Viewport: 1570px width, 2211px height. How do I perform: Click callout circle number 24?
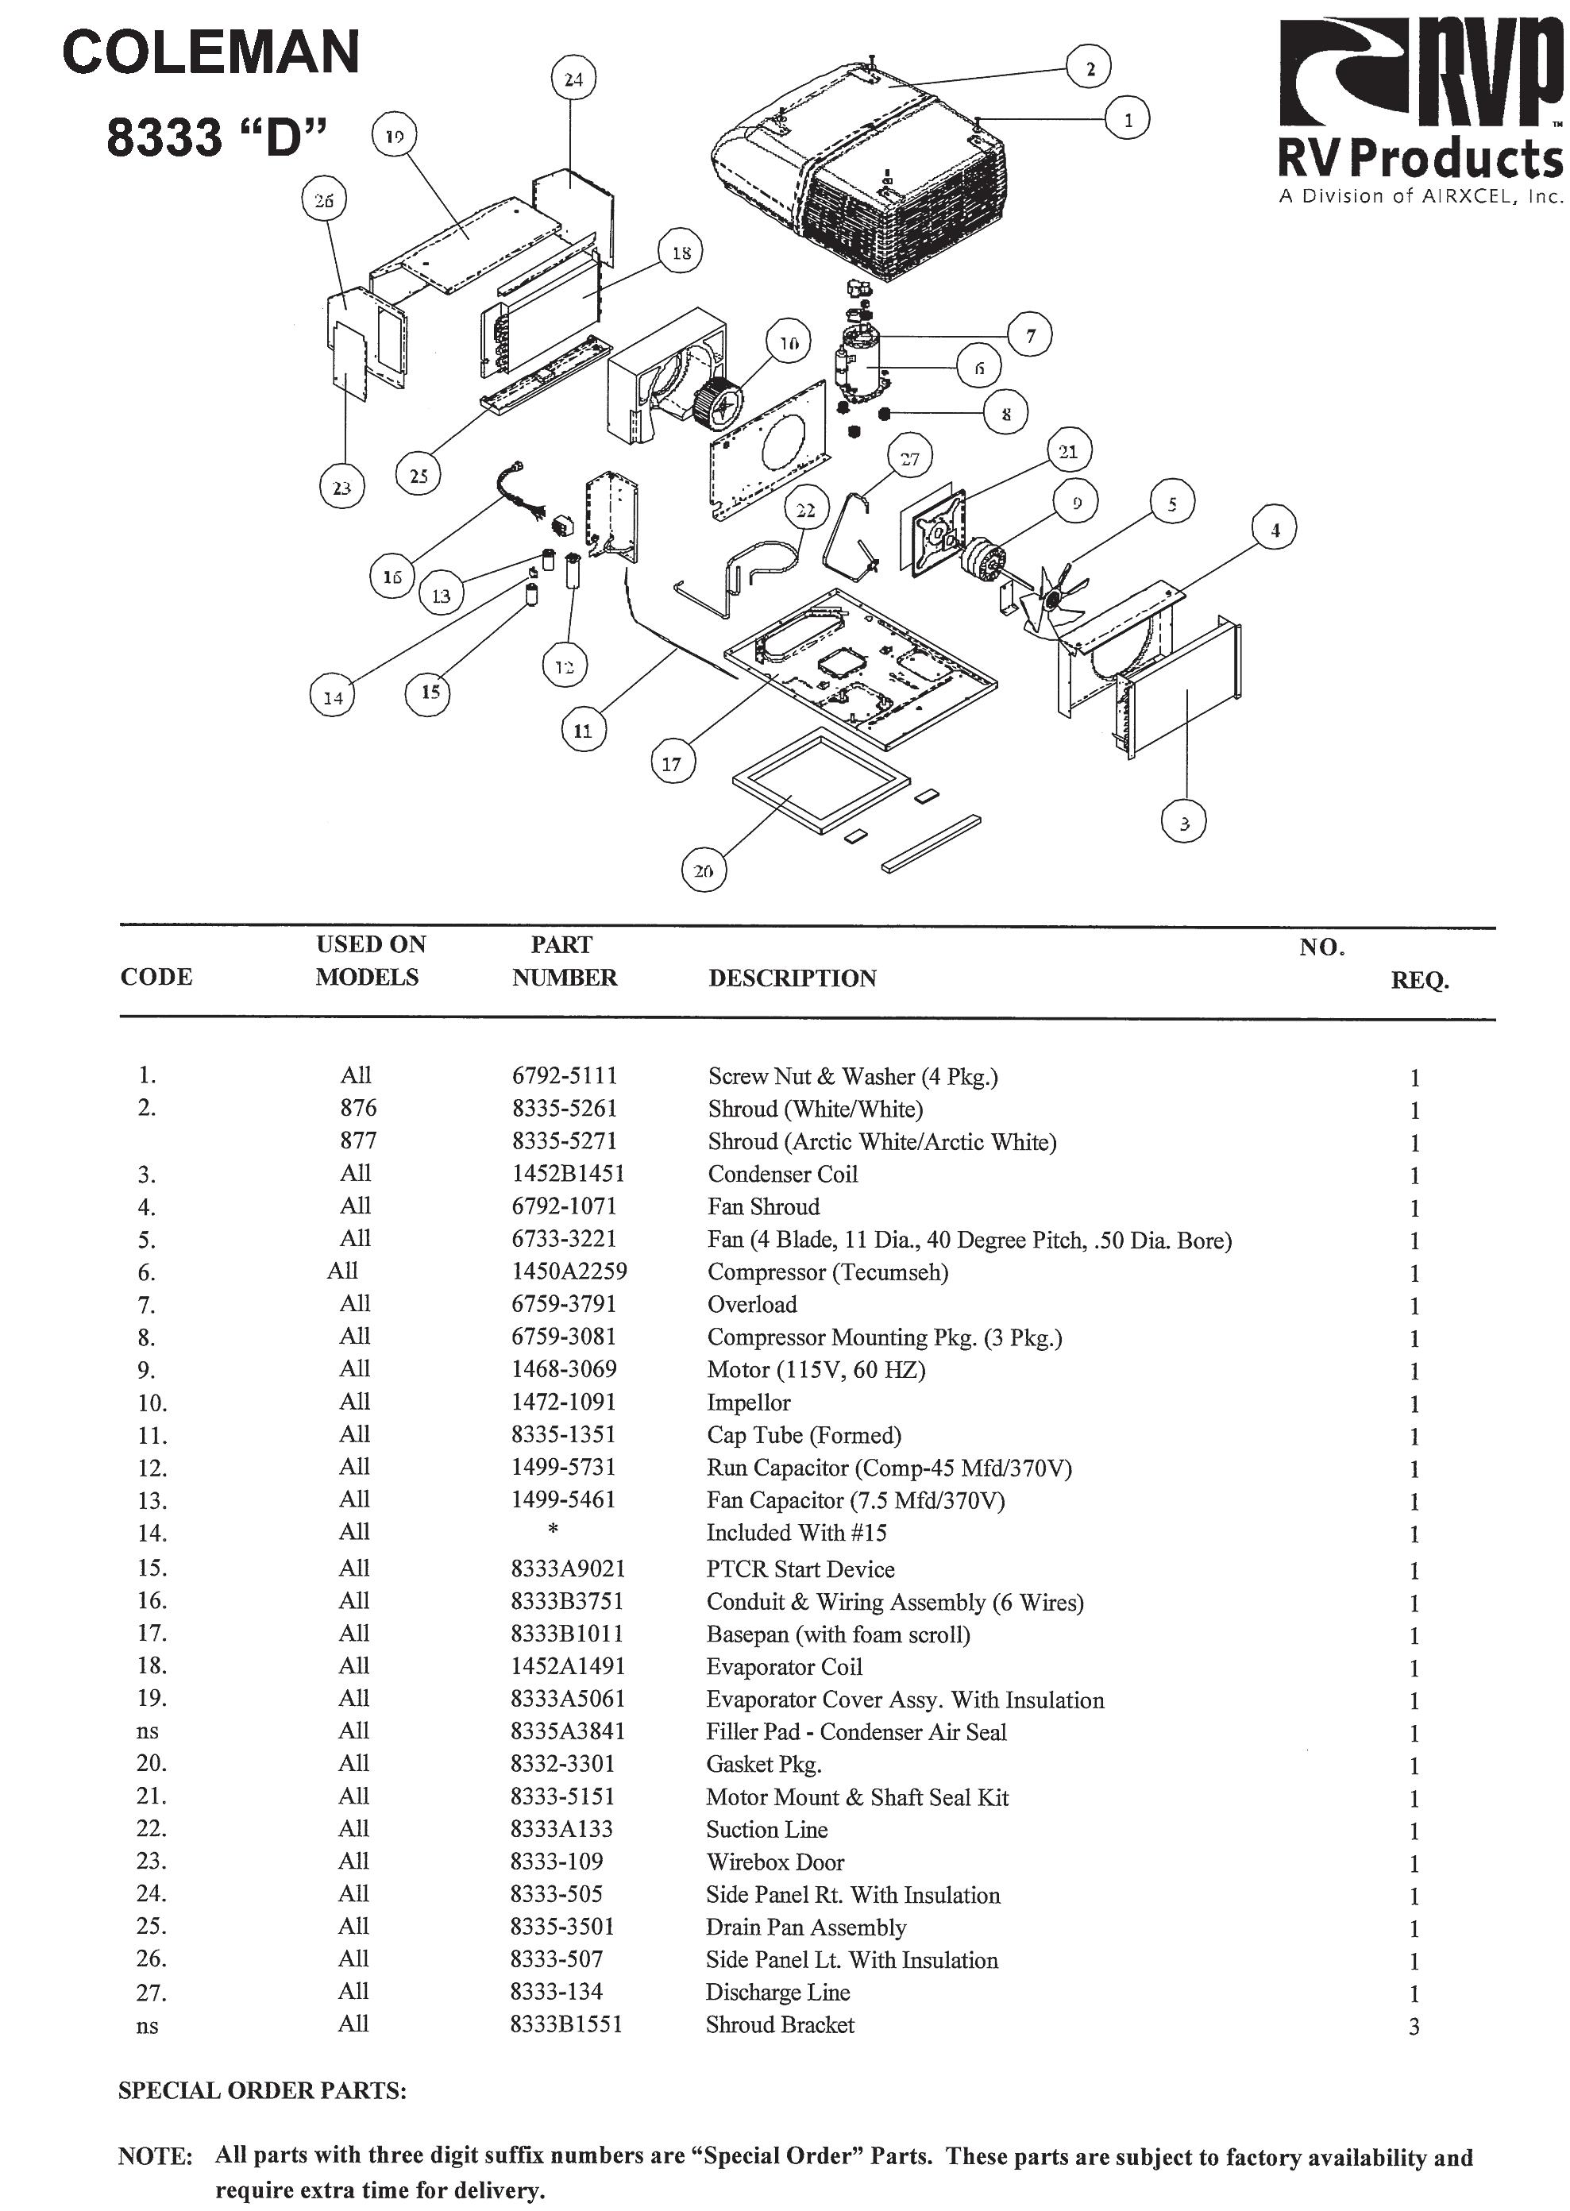pyautogui.click(x=573, y=79)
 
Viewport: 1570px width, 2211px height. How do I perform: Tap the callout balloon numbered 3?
pyautogui.click(x=1184, y=823)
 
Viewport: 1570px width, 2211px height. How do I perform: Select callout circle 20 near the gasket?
pyautogui.click(x=703, y=870)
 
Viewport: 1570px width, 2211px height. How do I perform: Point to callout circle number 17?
pyautogui.click(x=672, y=764)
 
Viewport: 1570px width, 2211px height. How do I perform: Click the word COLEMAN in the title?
pyautogui.click(x=210, y=53)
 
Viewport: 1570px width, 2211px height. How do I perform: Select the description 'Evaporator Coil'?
pyautogui.click(x=784, y=1667)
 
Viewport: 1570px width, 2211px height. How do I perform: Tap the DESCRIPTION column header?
pyautogui.click(x=792, y=978)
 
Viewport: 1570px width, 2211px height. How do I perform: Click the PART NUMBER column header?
pyautogui.click(x=564, y=961)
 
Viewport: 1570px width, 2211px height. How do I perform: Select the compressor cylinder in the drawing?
pyautogui.click(x=858, y=362)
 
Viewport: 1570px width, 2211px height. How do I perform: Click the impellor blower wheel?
pyautogui.click(x=717, y=402)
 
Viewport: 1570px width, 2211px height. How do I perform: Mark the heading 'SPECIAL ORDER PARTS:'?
pyautogui.click(x=262, y=2091)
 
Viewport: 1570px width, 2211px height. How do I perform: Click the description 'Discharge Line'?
pyautogui.click(x=777, y=1993)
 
